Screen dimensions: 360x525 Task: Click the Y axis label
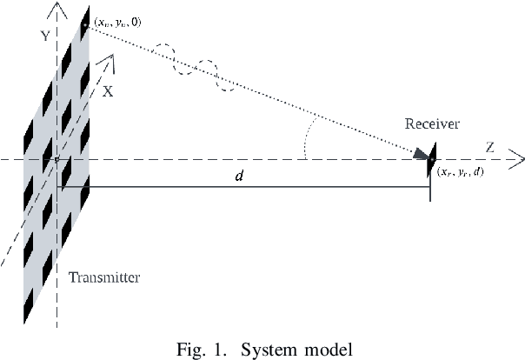pos(42,37)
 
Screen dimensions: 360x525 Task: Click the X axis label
pos(108,90)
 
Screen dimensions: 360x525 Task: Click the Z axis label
pos(489,148)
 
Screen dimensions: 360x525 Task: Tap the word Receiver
pos(432,124)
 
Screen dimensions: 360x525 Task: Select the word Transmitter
pos(103,278)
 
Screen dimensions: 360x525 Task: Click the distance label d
pos(239,177)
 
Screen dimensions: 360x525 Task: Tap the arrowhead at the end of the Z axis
pos(516,159)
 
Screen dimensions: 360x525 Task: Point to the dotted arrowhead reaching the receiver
pos(422,154)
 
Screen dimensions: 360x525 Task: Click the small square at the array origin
pos(56,160)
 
